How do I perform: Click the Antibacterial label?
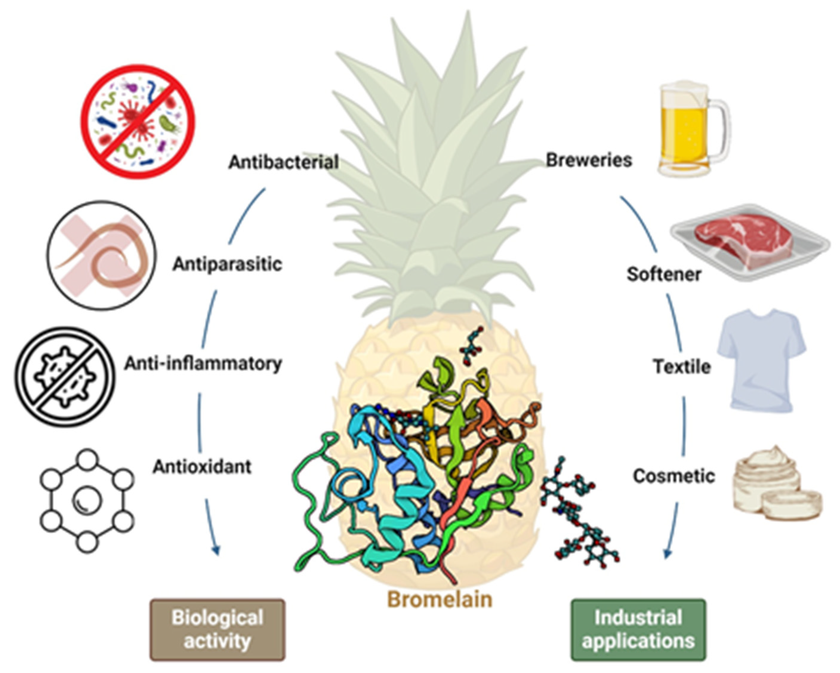click(283, 162)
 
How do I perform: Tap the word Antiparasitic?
click(227, 264)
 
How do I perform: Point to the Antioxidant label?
click(202, 467)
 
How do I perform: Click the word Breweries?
click(588, 160)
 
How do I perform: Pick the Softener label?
click(664, 274)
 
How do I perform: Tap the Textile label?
click(682, 367)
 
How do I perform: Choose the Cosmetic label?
click(673, 476)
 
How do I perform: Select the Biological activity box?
click(218, 630)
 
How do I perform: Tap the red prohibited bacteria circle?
click(138, 121)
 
